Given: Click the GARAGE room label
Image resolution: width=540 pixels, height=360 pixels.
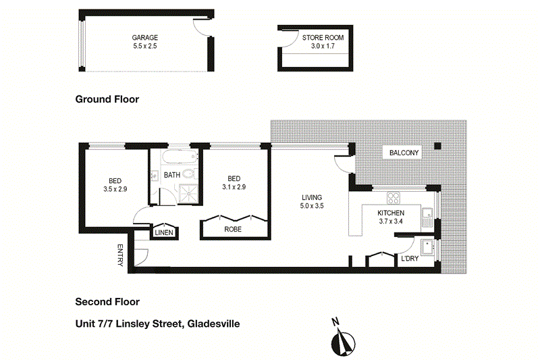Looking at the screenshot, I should (145, 38).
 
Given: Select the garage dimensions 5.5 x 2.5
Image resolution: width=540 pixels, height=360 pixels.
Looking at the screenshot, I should (145, 47).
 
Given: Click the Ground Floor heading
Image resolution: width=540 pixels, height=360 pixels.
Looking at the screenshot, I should (107, 99).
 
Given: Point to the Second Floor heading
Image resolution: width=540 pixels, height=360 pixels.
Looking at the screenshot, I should (107, 302).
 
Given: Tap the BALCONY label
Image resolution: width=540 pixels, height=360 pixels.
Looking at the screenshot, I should (404, 153).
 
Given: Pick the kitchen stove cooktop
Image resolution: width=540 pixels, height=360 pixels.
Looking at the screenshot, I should (393, 198).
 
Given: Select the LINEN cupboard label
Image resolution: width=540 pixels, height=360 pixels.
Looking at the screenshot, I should (165, 232).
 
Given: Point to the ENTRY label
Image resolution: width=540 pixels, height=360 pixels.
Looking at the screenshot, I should (121, 255).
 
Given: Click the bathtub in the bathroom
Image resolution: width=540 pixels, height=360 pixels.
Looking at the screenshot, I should (178, 159).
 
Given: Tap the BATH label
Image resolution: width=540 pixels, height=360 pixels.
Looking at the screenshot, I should (172, 175).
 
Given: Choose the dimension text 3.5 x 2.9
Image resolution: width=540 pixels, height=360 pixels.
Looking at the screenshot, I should (115, 189).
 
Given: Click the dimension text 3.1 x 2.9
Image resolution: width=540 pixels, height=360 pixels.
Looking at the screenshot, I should (234, 186).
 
